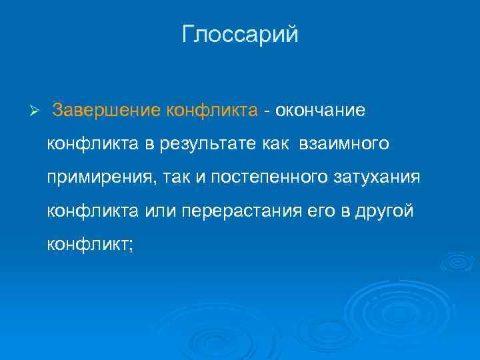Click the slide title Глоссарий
240,35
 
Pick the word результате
202,143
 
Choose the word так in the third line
159,177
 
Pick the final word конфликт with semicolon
90,245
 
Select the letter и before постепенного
185,177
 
